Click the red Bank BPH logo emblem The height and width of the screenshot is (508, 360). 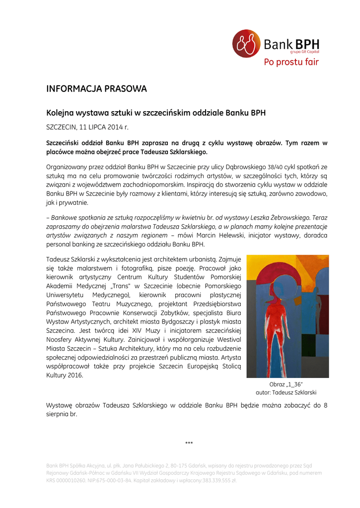(x=246, y=43)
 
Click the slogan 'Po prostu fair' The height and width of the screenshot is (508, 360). (x=291, y=62)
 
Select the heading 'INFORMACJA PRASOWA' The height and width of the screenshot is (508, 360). (x=96, y=89)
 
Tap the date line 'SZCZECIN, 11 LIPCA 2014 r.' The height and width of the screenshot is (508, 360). (x=87, y=127)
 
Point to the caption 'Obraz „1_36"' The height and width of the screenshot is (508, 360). (x=286, y=384)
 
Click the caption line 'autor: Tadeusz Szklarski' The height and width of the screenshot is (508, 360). (x=286, y=392)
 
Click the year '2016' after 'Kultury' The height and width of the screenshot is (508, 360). (x=74, y=375)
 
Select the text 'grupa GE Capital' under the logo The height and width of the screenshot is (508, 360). (x=305, y=52)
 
